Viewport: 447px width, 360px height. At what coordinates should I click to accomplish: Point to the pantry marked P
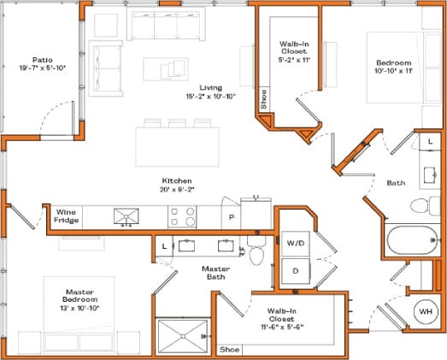point(231,217)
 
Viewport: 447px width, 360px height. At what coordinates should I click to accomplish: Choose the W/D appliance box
point(296,244)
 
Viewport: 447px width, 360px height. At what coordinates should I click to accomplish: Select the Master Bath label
point(215,273)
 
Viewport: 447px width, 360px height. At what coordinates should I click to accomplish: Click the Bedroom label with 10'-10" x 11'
point(394,68)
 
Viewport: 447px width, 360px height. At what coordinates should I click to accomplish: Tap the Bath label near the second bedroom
point(395,182)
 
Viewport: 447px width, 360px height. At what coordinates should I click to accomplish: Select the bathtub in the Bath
point(409,239)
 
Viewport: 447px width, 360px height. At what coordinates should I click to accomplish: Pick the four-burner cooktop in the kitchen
point(182,215)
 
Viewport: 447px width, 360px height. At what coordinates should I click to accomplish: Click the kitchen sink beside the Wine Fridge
point(126,215)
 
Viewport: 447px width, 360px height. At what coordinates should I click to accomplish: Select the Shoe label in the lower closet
point(229,349)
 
